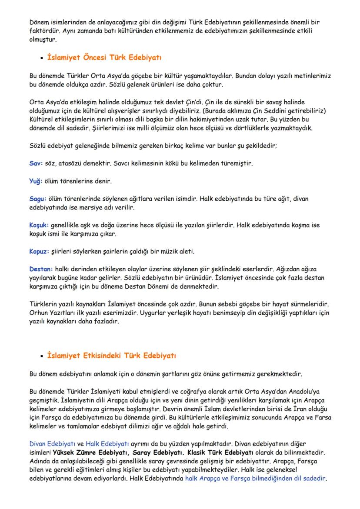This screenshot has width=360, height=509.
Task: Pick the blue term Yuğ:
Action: [36, 180]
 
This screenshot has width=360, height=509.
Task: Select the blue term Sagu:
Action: [38, 198]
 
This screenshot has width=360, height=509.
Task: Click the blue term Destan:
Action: [40, 269]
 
